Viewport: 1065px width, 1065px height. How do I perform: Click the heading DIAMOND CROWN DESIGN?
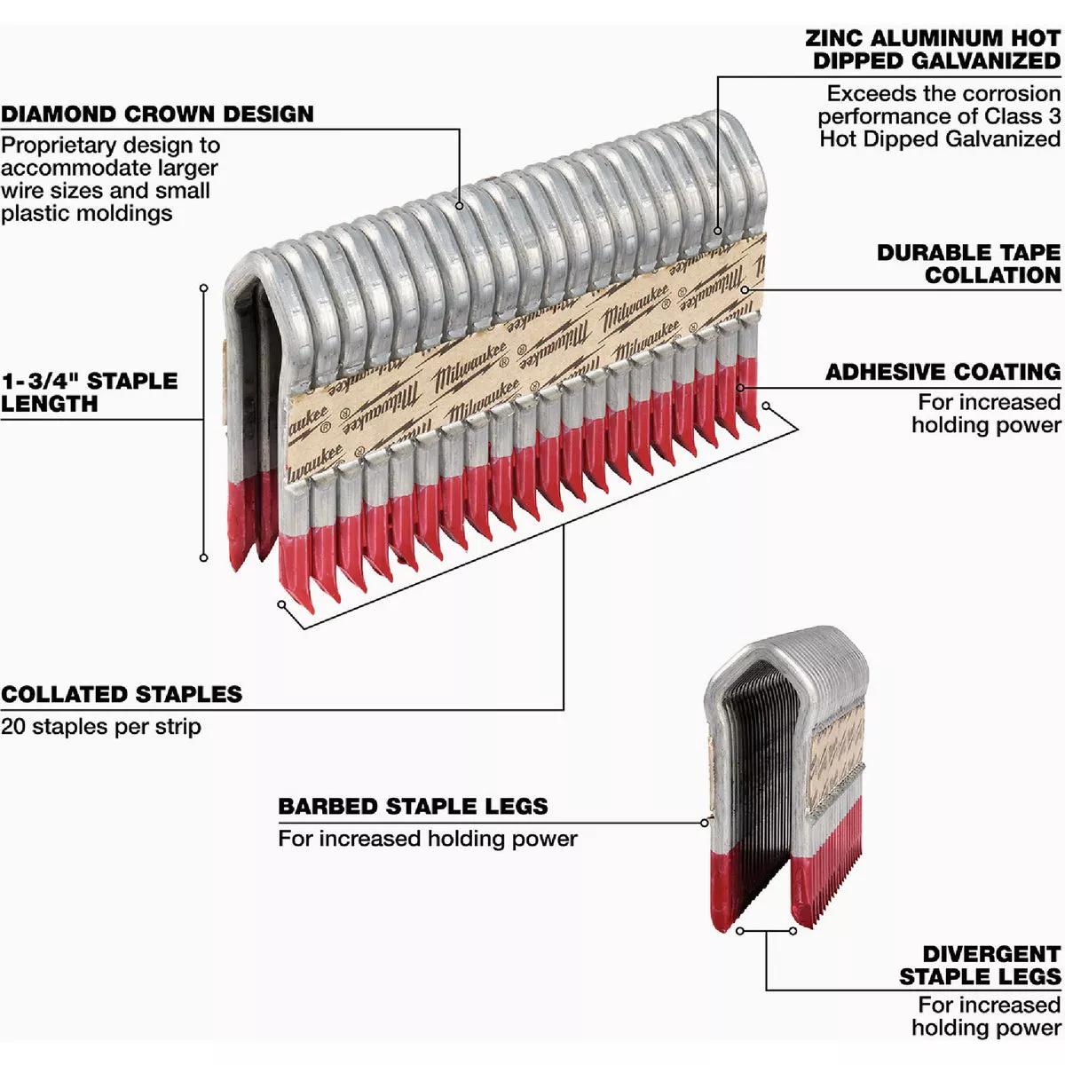coord(157,114)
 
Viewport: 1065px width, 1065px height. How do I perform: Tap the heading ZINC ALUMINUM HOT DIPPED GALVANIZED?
coord(933,50)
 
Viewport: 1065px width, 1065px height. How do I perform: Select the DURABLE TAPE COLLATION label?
coord(968,264)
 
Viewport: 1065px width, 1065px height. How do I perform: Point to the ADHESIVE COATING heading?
coord(943,372)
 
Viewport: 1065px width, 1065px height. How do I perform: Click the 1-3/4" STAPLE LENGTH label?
coord(89,392)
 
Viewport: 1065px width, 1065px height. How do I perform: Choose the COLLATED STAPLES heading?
coord(122,694)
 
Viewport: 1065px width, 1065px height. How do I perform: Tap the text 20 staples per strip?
coord(101,727)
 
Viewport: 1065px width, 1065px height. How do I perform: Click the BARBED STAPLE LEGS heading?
coord(413,807)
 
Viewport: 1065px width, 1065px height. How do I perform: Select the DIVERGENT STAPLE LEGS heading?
coord(980,966)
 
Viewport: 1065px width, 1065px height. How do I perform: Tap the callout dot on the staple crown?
coord(460,206)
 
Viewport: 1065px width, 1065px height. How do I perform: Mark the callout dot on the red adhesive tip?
coord(741,387)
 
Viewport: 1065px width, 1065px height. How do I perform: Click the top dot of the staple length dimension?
coord(203,288)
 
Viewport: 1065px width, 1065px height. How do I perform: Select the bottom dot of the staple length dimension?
coord(203,557)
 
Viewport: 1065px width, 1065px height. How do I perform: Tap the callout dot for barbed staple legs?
coord(705,823)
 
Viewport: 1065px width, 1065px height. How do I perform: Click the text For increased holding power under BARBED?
coord(427,839)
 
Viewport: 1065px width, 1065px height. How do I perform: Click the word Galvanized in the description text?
coord(1002,139)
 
